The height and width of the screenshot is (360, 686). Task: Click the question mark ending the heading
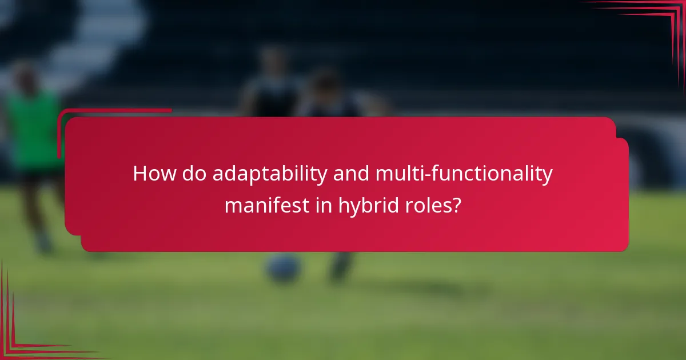point(457,205)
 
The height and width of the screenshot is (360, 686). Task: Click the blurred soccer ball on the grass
point(284,267)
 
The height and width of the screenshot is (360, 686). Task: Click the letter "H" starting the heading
point(139,174)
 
